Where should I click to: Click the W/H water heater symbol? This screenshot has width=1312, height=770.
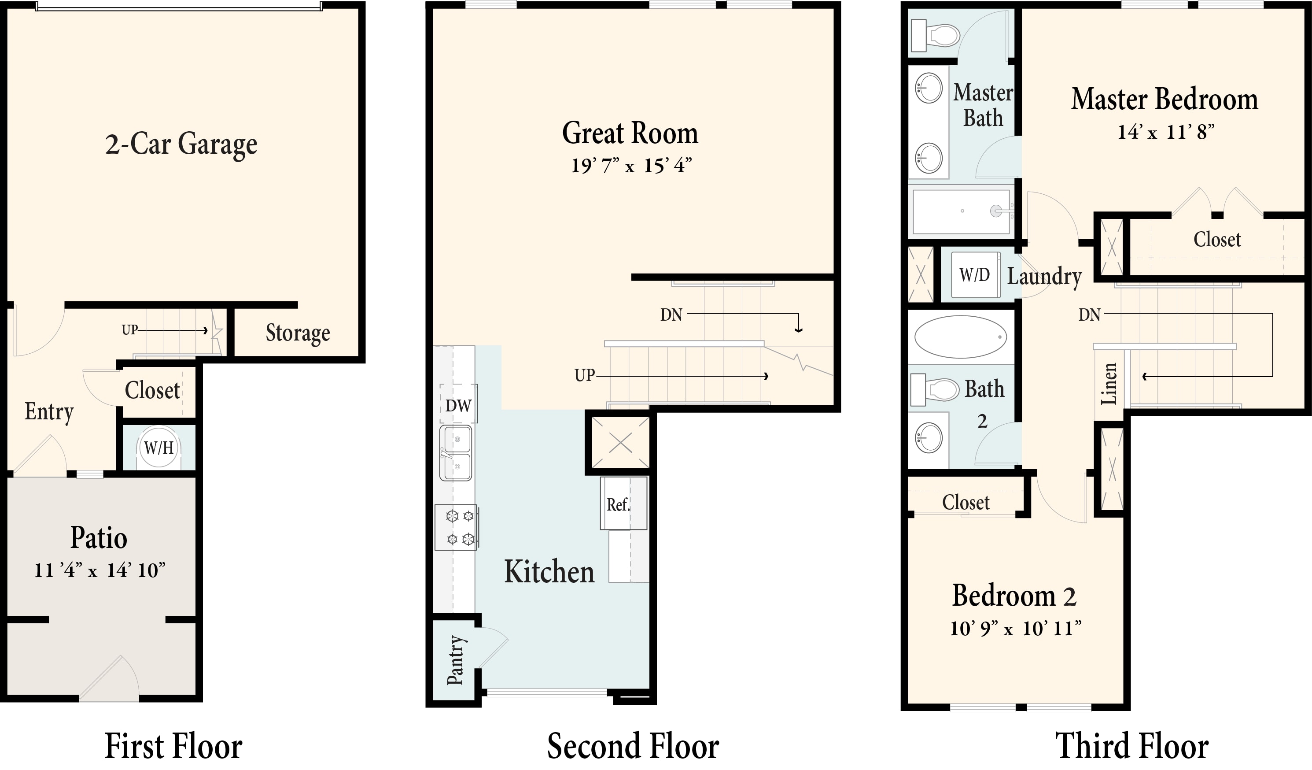click(159, 448)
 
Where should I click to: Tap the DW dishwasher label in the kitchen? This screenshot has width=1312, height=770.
click(458, 405)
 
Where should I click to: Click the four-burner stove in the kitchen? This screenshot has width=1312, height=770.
click(457, 527)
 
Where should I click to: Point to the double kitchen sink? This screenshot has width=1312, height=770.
click(456, 453)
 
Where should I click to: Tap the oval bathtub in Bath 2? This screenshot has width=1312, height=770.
click(961, 337)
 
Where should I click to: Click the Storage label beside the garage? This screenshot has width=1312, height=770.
click(298, 333)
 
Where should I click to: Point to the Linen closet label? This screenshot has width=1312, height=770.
click(1109, 384)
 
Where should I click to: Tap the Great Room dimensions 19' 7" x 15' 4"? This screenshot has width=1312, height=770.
click(631, 166)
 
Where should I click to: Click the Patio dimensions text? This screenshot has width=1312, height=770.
click(100, 570)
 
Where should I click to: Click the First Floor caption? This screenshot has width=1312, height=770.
click(173, 746)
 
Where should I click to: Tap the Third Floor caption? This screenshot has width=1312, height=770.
click(1132, 746)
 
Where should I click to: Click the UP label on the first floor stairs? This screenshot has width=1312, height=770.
click(129, 330)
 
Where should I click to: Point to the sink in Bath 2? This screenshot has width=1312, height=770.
click(929, 437)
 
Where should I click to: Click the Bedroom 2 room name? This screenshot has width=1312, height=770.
click(1014, 596)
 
